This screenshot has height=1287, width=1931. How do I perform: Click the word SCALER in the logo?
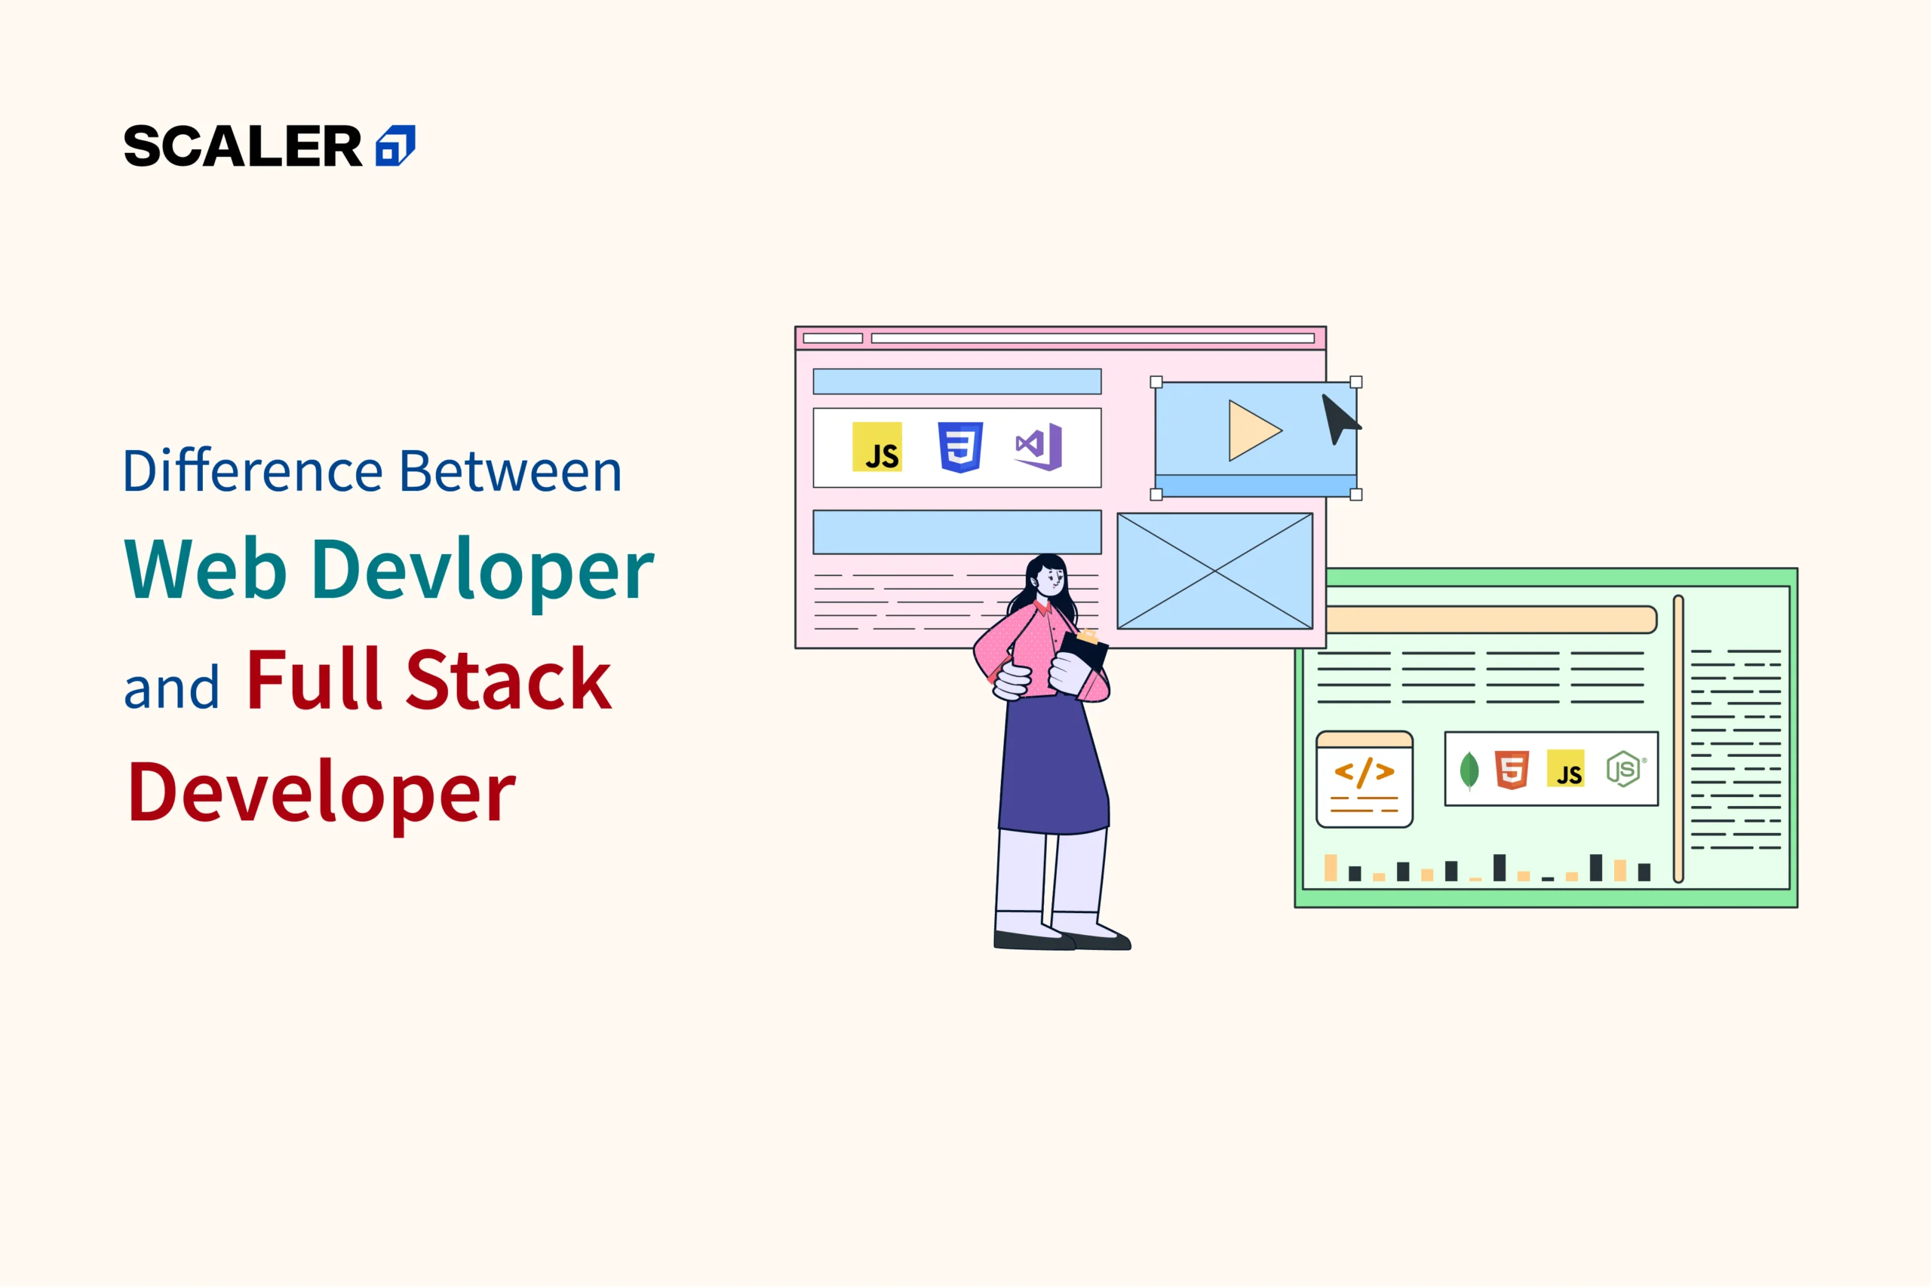point(242,146)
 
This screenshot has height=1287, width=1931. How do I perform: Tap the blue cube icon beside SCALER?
point(396,146)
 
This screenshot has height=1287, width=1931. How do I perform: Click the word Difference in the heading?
point(253,471)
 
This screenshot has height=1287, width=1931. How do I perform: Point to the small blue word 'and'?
point(171,687)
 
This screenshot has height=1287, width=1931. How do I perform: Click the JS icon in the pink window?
point(876,446)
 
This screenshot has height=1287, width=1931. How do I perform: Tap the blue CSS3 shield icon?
point(960,447)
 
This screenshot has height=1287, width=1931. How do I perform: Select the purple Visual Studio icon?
point(1039,446)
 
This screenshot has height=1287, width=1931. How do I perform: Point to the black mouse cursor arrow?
point(1338,419)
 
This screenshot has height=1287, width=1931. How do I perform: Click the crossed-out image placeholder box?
point(1215,571)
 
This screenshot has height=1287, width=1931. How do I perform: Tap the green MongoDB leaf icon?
point(1469,770)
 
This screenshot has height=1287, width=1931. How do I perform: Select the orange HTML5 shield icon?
point(1512,770)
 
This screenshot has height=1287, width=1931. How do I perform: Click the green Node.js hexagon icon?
point(1624,769)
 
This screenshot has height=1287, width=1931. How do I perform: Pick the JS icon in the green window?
point(1566,768)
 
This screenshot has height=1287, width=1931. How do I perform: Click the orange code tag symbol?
point(1364,772)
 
